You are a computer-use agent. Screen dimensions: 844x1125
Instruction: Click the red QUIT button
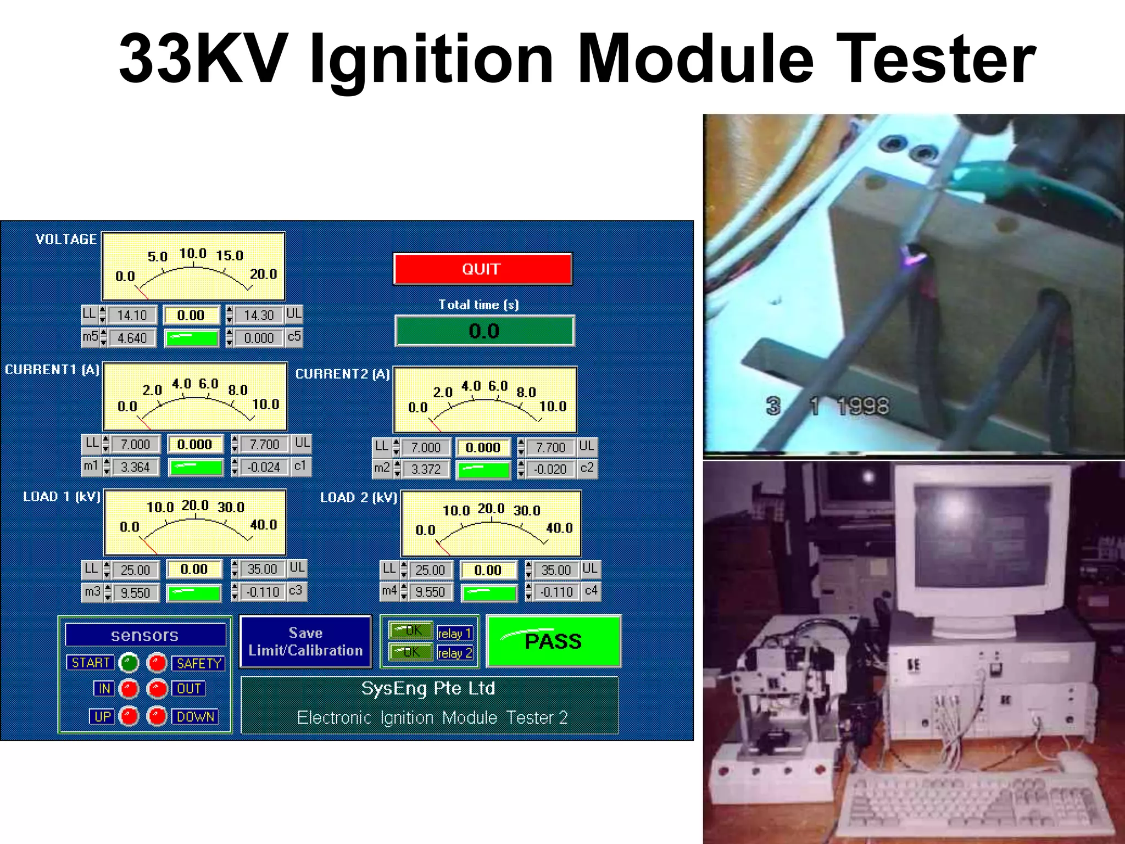pos(482,269)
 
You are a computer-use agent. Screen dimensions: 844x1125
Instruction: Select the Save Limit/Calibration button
pos(306,641)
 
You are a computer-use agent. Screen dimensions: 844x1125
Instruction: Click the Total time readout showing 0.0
pos(484,331)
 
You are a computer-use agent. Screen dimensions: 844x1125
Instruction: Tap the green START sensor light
pos(129,663)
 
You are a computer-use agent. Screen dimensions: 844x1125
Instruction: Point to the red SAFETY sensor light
pos(157,663)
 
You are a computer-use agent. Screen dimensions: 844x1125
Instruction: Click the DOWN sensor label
pos(196,717)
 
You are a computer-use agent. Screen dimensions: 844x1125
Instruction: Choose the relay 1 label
pos(454,634)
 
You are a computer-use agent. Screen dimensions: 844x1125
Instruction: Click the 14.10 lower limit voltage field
pos(132,315)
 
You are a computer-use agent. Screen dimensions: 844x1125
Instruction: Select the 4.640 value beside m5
pos(132,338)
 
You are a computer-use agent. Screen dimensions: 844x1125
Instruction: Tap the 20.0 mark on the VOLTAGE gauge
pos(264,274)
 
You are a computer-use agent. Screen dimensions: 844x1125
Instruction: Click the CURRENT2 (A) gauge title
pos(342,374)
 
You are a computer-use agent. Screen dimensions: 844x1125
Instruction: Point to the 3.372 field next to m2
pos(426,470)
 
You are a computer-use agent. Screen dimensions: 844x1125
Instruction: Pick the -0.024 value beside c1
pos(264,468)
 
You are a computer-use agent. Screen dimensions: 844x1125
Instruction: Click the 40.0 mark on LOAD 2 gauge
pos(559,528)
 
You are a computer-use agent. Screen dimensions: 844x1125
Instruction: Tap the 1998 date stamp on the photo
pos(862,407)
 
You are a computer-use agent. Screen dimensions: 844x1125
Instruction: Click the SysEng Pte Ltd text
pos(428,688)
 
